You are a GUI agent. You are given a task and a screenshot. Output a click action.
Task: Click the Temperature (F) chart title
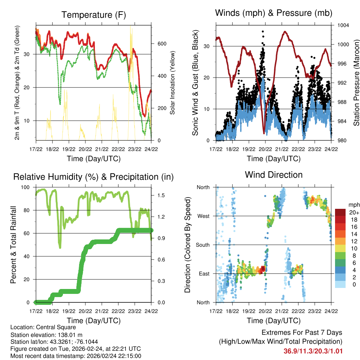pyautogui.click(x=94, y=15)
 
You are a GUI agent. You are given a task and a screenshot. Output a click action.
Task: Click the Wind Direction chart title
pyautogui.click(x=274, y=174)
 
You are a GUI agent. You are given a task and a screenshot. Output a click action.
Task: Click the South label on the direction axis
pyautogui.click(x=202, y=245)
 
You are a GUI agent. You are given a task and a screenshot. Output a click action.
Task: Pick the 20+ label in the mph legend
pyautogui.click(x=354, y=212)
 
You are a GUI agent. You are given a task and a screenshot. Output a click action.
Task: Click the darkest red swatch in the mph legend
pyautogui.click(x=340, y=212)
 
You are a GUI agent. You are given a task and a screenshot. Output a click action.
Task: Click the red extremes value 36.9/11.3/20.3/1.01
pyautogui.click(x=313, y=351)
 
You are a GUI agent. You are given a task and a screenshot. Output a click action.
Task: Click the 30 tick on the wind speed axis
pyautogui.click(x=207, y=46)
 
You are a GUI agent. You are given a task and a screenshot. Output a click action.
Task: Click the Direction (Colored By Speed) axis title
pyautogui.click(x=188, y=244)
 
